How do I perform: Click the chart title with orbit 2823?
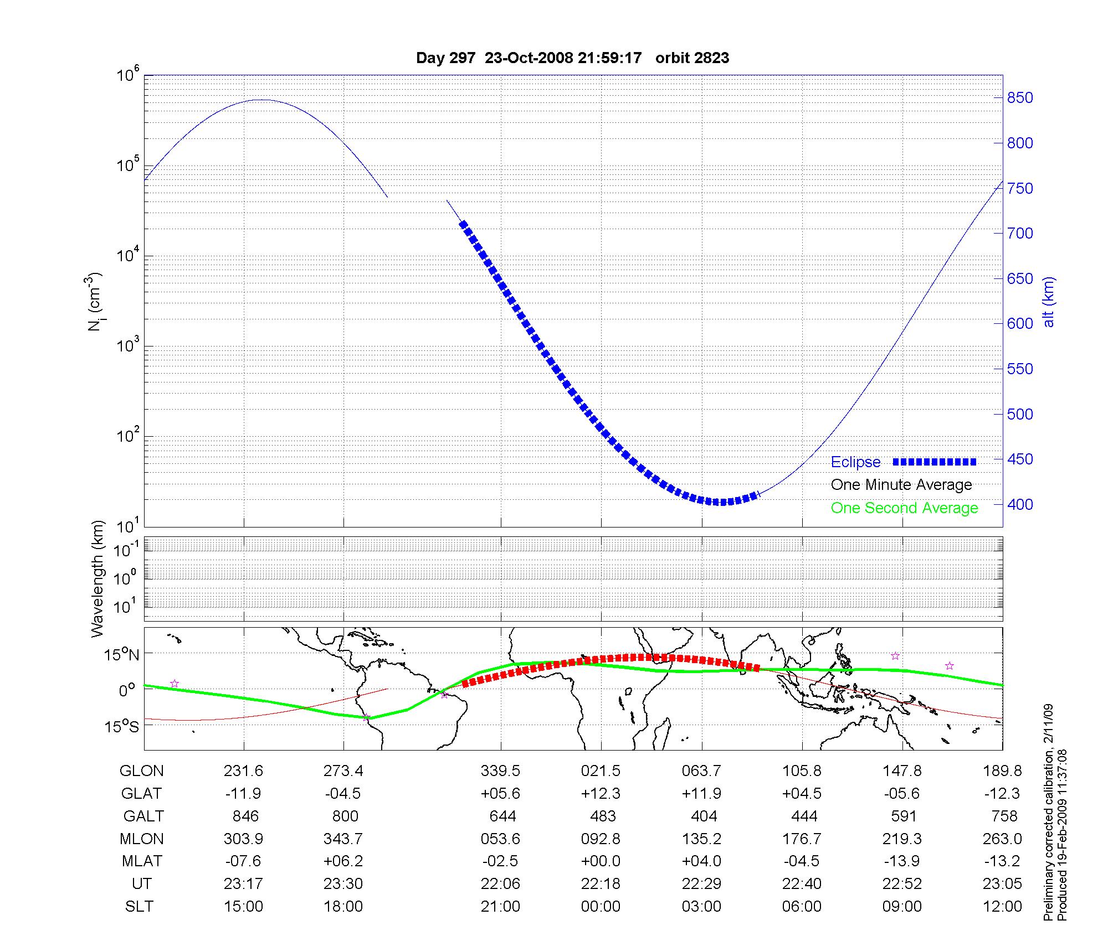point(572,58)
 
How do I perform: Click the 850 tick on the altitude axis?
point(1020,98)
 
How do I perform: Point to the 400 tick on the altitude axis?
point(1020,504)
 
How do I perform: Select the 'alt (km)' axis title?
point(1048,302)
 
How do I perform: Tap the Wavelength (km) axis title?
point(98,579)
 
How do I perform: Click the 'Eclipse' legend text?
point(855,462)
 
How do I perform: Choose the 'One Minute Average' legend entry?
point(901,485)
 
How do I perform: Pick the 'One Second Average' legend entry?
point(904,508)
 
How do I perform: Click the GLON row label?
point(142,771)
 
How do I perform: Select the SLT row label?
point(139,907)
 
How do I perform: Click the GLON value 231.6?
point(243,771)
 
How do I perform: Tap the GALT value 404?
point(704,816)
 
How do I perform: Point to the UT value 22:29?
point(701,884)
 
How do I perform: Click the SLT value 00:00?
point(601,907)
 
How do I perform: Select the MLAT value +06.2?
point(343,861)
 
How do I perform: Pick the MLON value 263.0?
point(1002,839)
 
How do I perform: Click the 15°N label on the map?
point(122,655)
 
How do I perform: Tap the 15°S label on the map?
point(122,726)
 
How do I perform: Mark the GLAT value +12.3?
point(601,794)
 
